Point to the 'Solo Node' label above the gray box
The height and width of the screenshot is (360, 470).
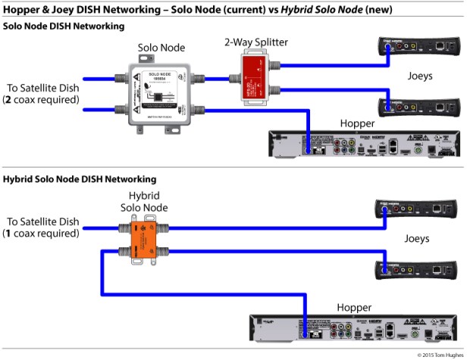click(161, 48)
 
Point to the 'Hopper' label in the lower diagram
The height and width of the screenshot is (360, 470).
click(354, 308)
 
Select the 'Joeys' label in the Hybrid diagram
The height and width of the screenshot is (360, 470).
click(416, 239)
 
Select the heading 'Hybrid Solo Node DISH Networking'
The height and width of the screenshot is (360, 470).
click(80, 180)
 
